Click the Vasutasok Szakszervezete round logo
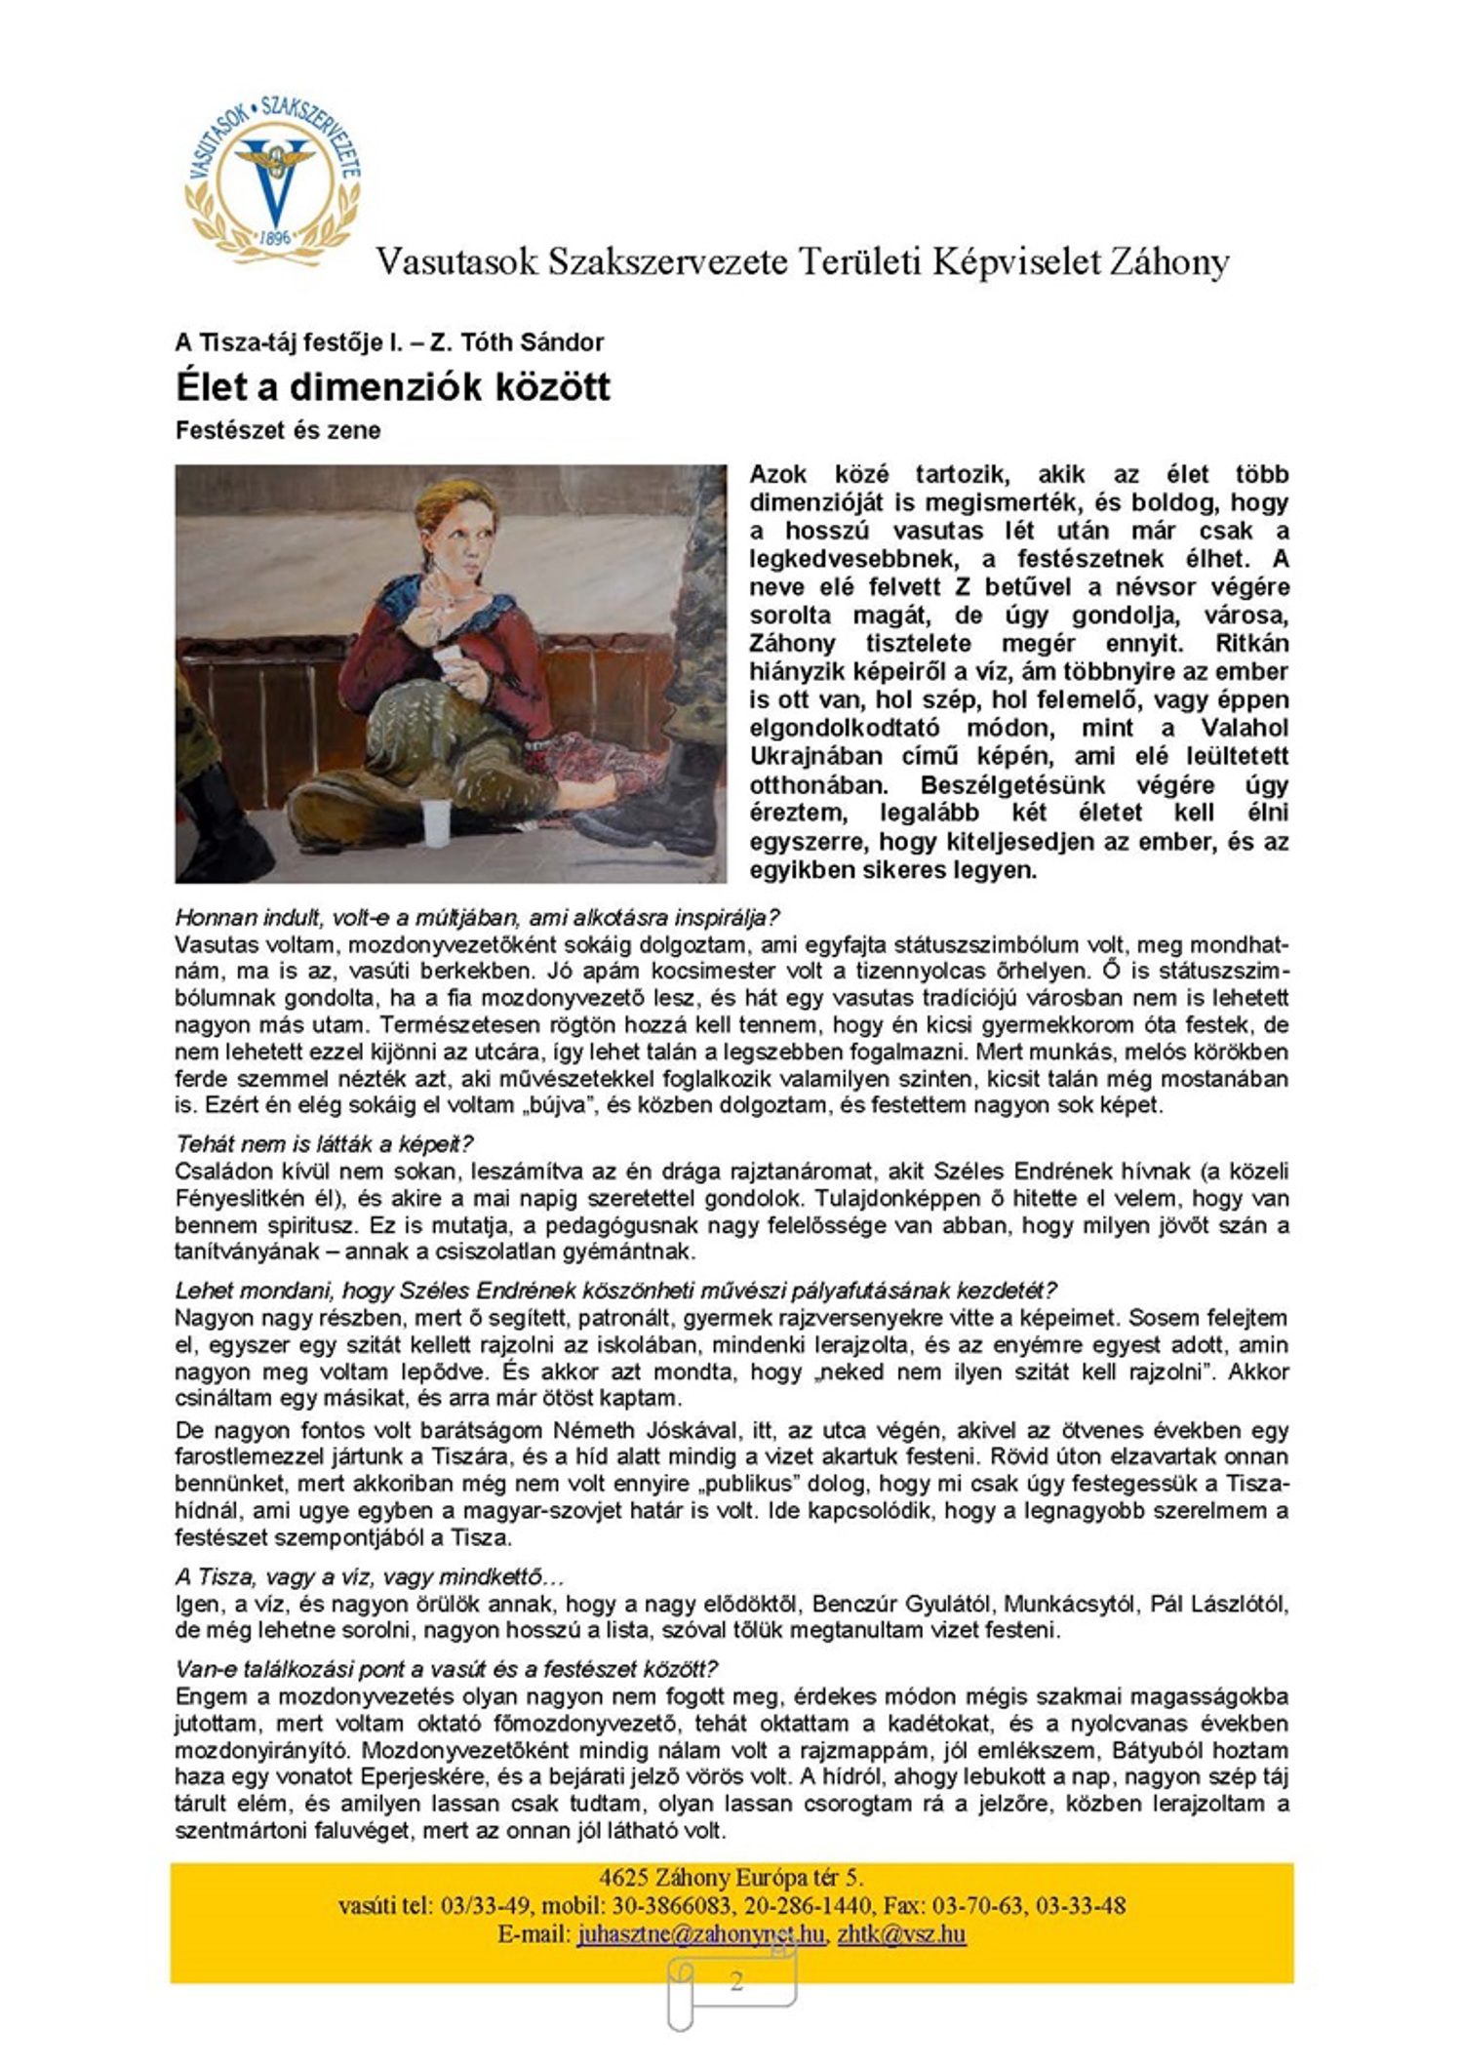(x=273, y=180)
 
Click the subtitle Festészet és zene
(x=278, y=430)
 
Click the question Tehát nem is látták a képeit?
(x=324, y=1143)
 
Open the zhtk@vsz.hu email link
(x=901, y=1933)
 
